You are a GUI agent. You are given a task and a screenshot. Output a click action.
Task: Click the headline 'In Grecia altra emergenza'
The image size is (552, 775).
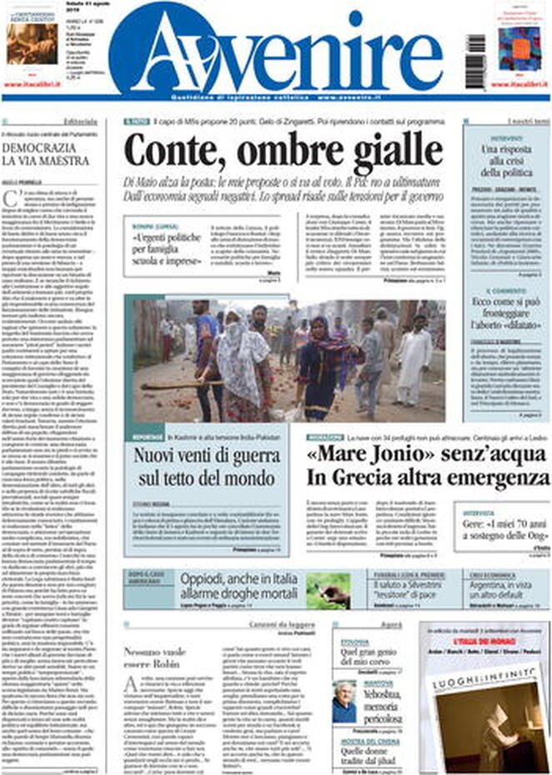tap(427, 478)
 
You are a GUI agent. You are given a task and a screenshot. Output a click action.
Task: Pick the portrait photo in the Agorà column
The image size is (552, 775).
tap(344, 702)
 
